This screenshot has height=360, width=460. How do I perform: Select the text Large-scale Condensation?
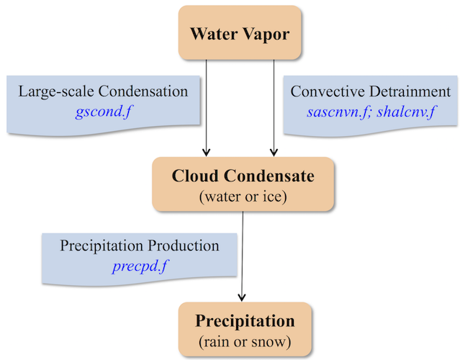[103, 92]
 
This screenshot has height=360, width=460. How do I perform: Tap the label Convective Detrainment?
[371, 92]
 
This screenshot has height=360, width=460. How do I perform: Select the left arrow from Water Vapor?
[207, 108]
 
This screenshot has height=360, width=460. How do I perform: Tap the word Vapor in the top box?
[270, 33]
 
